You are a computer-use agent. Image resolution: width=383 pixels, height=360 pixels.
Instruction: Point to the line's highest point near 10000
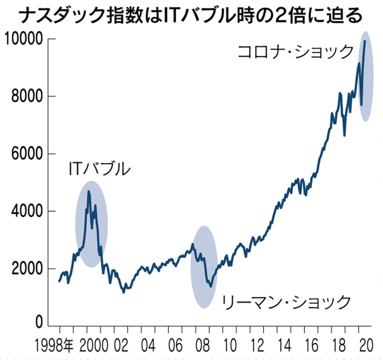pos(365,41)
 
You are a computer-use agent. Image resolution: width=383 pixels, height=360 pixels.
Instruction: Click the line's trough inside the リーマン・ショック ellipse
pos(210,287)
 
